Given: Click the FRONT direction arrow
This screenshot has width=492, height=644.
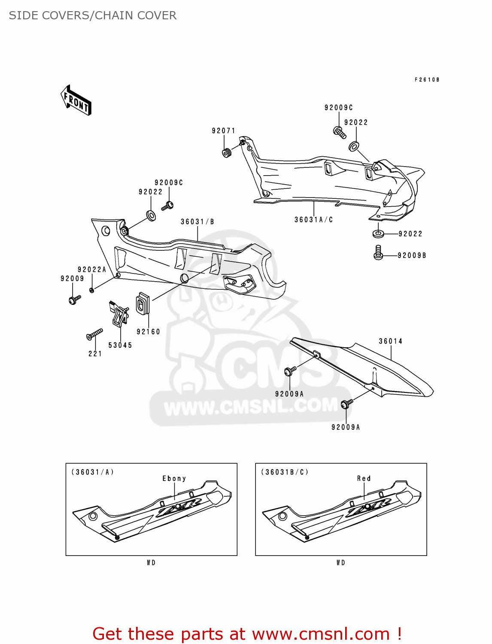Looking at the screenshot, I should pyautogui.click(x=76, y=100).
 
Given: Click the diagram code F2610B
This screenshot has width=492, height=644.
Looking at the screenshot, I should pyautogui.click(x=427, y=80).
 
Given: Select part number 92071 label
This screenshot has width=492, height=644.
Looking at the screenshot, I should pyautogui.click(x=224, y=131).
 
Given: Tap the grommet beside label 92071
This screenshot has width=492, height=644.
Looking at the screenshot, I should pyautogui.click(x=226, y=152).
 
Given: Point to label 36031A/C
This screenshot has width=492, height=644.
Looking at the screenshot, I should pyautogui.click(x=313, y=220).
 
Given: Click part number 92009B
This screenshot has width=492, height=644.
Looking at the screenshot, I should pyautogui.click(x=412, y=255).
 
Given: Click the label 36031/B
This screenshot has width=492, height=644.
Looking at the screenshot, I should pyautogui.click(x=197, y=222).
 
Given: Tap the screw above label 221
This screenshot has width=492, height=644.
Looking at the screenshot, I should pyautogui.click(x=95, y=334).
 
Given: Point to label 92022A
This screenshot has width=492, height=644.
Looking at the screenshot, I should pyautogui.click(x=91, y=270).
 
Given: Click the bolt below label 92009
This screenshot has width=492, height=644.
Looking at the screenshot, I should pyautogui.click(x=74, y=299).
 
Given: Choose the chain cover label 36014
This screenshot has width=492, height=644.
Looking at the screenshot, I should pyautogui.click(x=390, y=341).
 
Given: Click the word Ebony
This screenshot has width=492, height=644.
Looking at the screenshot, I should pyautogui.click(x=174, y=479).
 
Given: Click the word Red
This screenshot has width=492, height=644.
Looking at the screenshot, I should pyautogui.click(x=364, y=479).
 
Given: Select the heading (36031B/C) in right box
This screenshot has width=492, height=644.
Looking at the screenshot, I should pyautogui.click(x=285, y=472).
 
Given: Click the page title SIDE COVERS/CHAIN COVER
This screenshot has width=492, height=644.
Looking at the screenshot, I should pyautogui.click(x=93, y=15).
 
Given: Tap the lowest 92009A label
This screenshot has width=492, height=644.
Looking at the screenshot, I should pyautogui.click(x=346, y=427).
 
